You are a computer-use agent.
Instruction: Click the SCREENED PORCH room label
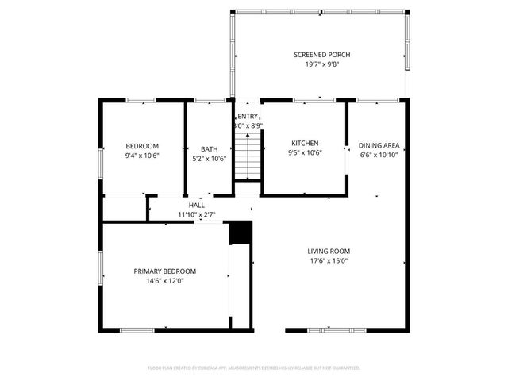(322, 55)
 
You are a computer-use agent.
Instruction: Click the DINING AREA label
(379, 146)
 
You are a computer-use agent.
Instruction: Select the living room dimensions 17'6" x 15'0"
(329, 261)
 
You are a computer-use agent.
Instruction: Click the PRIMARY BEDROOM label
(164, 271)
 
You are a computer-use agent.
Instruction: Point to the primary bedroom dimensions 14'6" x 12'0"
(164, 282)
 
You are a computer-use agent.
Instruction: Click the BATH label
(209, 148)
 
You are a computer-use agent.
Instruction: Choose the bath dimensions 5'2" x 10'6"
(209, 158)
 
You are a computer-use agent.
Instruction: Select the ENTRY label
(248, 117)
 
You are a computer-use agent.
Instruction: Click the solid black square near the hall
(240, 233)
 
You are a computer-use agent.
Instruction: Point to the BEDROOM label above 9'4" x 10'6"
(142, 146)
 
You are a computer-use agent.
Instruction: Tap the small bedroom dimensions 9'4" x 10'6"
(142, 157)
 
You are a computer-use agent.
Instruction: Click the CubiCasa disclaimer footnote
(254, 368)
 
